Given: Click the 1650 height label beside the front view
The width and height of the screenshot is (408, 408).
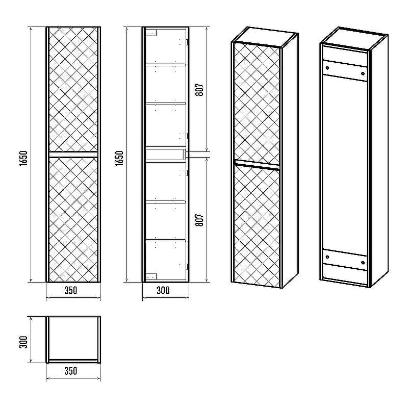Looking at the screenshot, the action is click(x=23, y=159).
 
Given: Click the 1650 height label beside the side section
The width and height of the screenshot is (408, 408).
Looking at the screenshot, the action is click(x=119, y=159).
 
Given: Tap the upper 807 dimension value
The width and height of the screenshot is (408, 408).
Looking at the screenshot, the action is click(x=199, y=90).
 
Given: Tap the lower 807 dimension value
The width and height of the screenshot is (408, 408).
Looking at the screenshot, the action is click(x=199, y=220).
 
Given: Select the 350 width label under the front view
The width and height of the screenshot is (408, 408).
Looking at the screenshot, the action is click(x=71, y=290).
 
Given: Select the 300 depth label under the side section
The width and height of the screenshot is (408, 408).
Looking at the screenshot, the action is click(x=163, y=290).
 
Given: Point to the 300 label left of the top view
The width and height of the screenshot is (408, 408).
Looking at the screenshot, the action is click(x=23, y=342).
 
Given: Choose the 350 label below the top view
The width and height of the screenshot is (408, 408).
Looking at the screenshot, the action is click(x=71, y=371).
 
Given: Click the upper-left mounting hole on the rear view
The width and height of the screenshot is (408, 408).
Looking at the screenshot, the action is click(x=327, y=68).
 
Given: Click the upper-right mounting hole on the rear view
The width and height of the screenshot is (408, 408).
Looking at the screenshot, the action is click(x=363, y=73).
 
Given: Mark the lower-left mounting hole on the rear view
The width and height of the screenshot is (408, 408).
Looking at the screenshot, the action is click(x=327, y=257).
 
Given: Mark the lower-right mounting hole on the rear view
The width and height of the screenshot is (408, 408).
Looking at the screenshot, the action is click(x=363, y=263).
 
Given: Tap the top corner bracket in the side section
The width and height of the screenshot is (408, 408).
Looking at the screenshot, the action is click(x=151, y=33).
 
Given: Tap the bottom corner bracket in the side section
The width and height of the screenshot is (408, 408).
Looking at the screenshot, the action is click(x=151, y=276).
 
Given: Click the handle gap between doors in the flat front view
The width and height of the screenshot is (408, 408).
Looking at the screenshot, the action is click(x=73, y=155).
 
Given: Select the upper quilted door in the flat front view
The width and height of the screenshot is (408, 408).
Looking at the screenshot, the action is click(x=73, y=89).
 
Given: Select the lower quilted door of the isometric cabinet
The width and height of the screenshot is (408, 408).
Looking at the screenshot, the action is click(x=257, y=226).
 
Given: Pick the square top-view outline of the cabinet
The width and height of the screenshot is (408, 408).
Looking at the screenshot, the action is click(x=73, y=339).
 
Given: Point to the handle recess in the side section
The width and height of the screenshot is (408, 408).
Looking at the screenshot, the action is click(x=165, y=155).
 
